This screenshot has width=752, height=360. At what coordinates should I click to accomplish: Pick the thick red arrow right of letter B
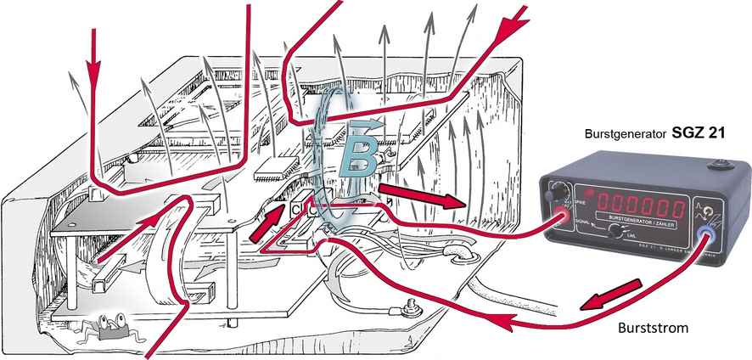419,194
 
